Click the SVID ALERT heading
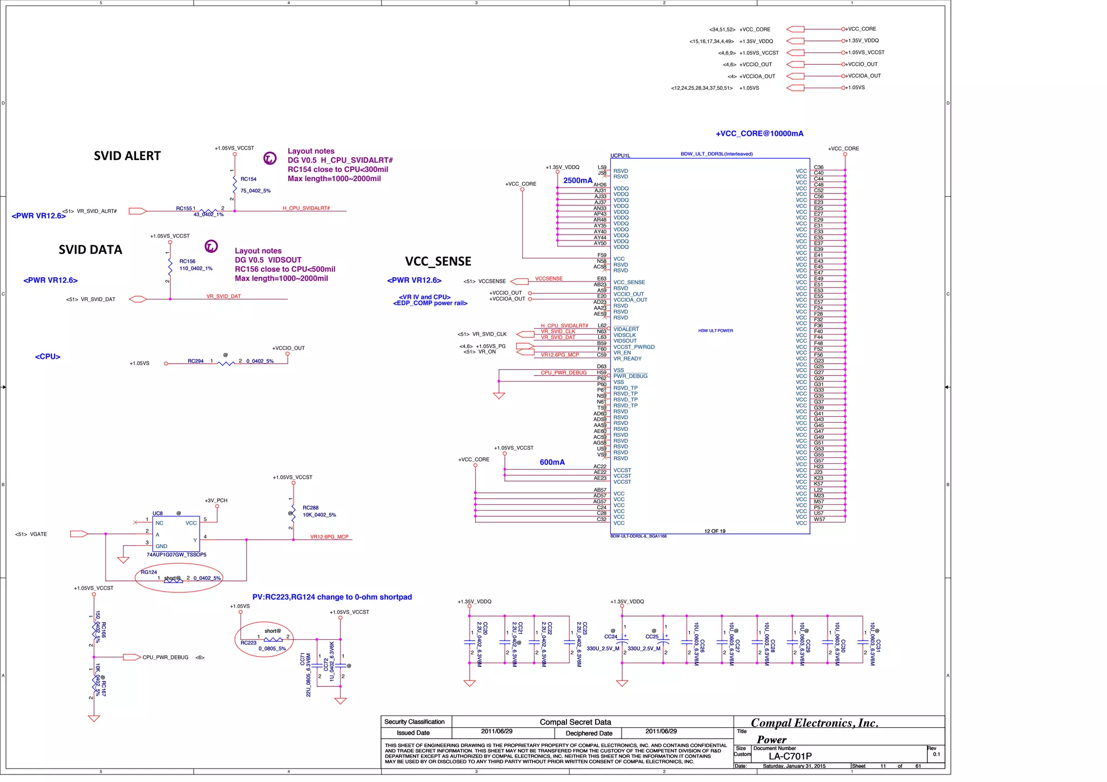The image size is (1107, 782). click(x=127, y=156)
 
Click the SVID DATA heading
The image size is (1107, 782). click(x=90, y=250)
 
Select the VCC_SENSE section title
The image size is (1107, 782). click(x=438, y=262)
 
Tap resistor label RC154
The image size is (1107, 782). click(x=248, y=179)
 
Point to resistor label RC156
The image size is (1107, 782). click(x=187, y=262)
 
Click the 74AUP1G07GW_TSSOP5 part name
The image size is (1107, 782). click(x=176, y=555)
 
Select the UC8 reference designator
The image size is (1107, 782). click(x=157, y=513)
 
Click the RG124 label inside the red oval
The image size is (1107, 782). click(x=149, y=572)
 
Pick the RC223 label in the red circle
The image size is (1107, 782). click(x=248, y=643)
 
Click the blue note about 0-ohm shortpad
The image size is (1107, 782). click(x=332, y=597)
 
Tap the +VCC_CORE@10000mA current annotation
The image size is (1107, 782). click(x=759, y=134)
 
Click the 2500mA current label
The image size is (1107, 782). click(x=577, y=181)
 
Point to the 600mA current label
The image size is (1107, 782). click(x=552, y=463)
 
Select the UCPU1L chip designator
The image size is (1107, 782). click(x=620, y=156)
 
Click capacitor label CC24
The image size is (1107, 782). click(x=610, y=637)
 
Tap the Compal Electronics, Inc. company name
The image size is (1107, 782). click(x=814, y=723)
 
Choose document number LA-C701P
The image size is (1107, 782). click(x=790, y=757)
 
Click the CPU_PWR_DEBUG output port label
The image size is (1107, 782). click(x=165, y=658)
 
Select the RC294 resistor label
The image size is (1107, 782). click(x=195, y=362)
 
